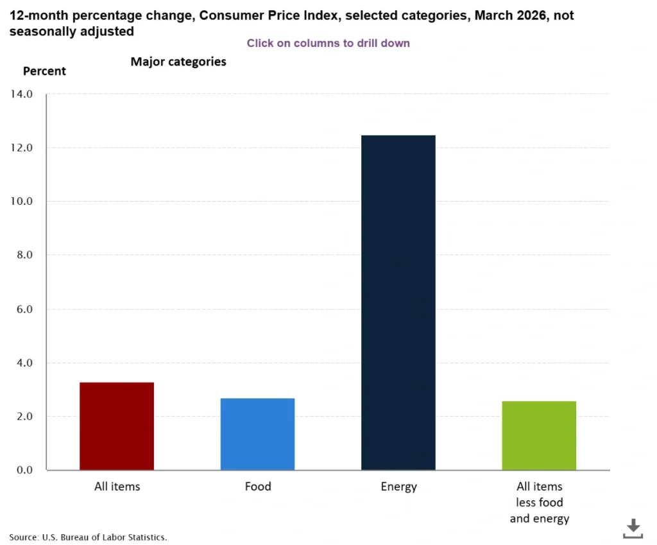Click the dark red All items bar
tap(117, 426)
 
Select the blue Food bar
tap(258, 434)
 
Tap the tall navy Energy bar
tap(398, 302)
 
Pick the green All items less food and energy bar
tap(539, 435)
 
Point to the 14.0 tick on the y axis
tap(21, 94)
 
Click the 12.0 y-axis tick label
tap(21, 148)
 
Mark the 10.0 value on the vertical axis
tap(21, 201)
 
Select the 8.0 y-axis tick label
tap(23, 255)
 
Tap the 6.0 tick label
tap(23, 309)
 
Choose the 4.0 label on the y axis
tap(23, 363)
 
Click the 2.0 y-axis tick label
tap(23, 417)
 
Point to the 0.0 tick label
tap(23, 470)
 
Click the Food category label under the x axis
tap(258, 487)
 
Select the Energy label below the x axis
tap(398, 487)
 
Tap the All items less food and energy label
tap(539, 502)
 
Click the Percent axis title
tap(44, 71)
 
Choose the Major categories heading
tap(178, 62)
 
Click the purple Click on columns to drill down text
tap(328, 43)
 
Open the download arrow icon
tap(633, 528)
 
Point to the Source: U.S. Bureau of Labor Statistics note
tap(88, 537)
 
